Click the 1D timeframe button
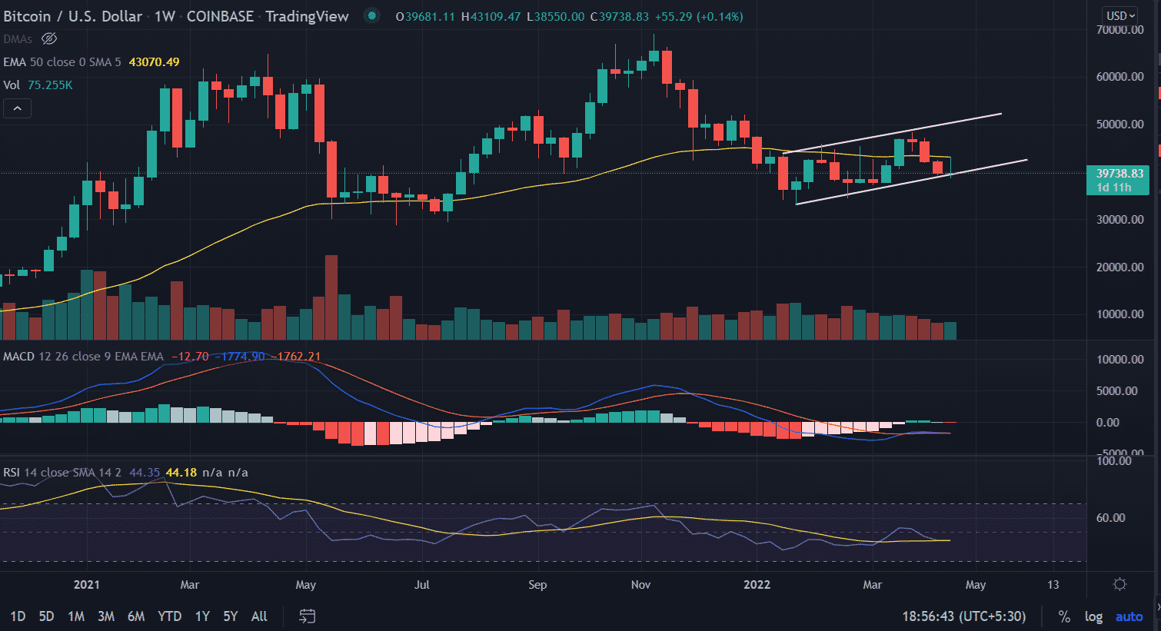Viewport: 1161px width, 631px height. [18, 616]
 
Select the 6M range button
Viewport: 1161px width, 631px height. [136, 616]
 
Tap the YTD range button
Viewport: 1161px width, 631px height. [169, 616]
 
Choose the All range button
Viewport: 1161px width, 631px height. [259, 616]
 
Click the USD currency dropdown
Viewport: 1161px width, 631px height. [1120, 15]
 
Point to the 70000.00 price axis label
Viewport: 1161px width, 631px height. [1120, 30]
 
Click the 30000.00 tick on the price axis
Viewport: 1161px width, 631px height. [1120, 220]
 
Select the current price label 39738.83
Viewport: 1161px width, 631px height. [1119, 174]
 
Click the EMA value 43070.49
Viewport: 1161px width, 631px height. [154, 62]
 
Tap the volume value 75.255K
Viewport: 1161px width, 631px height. [50, 85]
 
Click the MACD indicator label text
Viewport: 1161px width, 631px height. [18, 357]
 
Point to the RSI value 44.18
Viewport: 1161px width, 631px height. [181, 473]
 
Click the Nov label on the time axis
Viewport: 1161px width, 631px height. [640, 585]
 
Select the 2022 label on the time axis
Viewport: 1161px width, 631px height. [757, 585]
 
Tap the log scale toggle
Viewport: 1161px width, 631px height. [1093, 616]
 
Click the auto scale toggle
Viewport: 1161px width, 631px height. [1129, 616]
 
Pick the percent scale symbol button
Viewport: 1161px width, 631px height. [1064, 616]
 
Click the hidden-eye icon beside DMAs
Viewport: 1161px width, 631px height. [49, 38]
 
